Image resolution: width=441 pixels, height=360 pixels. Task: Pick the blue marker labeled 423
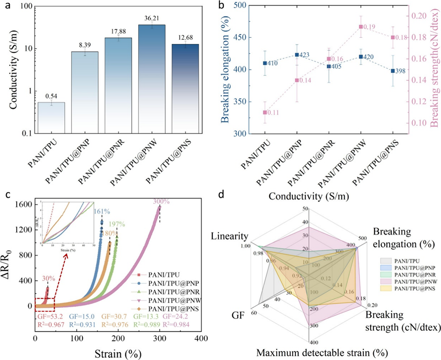pyautogui.click(x=296, y=55)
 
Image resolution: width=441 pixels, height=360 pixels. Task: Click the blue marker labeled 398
pyautogui.click(x=393, y=71)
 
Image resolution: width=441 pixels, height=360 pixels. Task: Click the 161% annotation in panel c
pyautogui.click(x=103, y=212)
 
